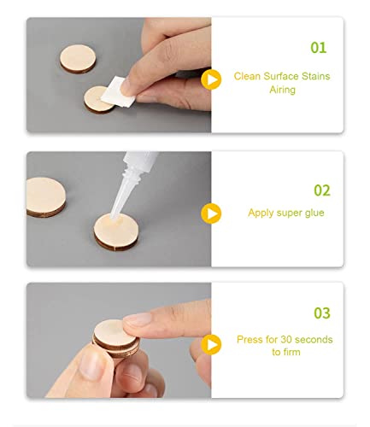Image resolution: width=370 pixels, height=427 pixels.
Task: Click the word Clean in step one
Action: [249, 76]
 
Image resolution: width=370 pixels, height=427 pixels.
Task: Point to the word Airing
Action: [282, 90]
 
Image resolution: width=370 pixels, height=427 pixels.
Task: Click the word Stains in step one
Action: [314, 76]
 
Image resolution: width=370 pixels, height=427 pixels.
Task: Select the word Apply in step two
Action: [261, 213]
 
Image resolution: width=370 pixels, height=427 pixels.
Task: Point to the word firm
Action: [291, 352]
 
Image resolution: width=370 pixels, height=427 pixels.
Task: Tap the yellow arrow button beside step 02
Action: [209, 213]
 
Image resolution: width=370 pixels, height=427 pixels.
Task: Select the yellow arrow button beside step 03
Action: [209, 344]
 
